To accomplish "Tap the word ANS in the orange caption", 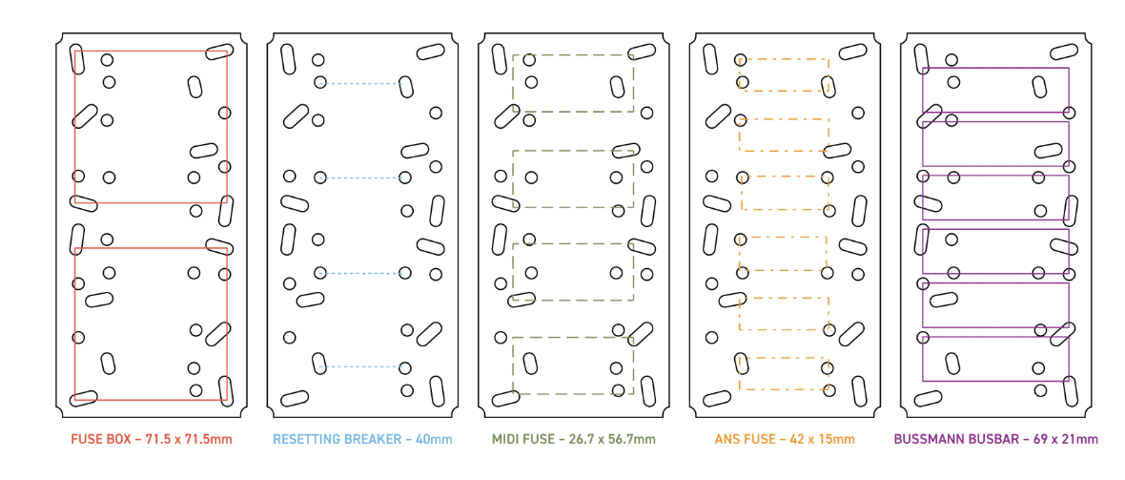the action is (x=727, y=438).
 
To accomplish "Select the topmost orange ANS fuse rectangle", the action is (x=785, y=59).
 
